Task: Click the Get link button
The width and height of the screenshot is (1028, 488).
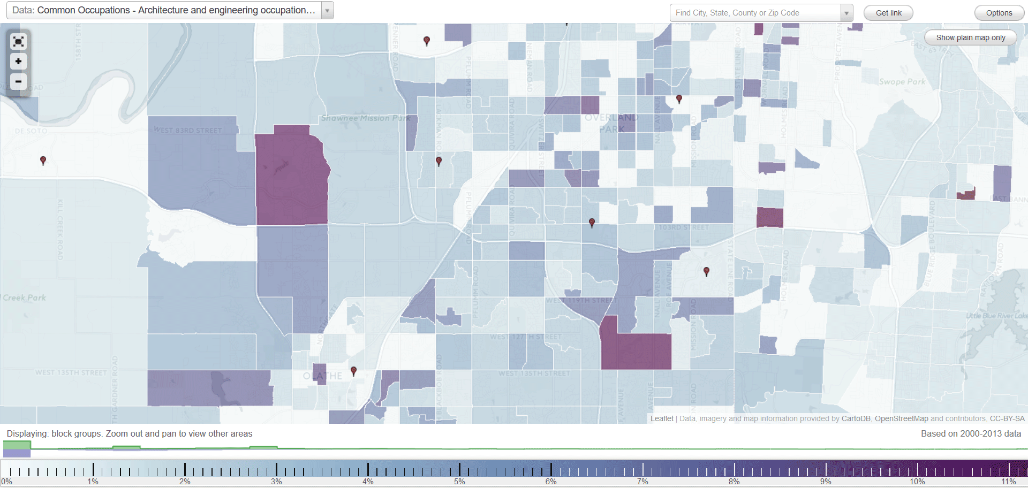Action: (888, 13)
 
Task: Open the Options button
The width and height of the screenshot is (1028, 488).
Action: (999, 13)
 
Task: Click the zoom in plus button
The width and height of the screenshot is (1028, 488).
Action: (18, 62)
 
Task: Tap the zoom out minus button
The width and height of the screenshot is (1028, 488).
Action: (18, 81)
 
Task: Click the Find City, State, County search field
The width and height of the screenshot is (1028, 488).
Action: (755, 13)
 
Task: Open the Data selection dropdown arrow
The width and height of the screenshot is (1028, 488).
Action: (327, 10)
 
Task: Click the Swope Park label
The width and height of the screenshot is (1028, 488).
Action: (902, 82)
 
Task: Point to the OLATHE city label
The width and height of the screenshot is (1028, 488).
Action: (322, 376)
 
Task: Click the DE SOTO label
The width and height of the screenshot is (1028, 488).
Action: (31, 131)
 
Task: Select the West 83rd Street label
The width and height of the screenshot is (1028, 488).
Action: (187, 130)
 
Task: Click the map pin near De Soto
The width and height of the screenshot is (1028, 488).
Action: (43, 161)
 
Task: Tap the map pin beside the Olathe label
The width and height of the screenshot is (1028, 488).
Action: (353, 371)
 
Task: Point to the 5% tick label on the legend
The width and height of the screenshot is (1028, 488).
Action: (459, 482)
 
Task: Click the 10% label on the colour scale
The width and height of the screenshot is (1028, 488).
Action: (917, 482)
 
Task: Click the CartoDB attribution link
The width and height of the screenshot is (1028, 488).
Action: (856, 418)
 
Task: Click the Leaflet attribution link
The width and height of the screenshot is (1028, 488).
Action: (662, 418)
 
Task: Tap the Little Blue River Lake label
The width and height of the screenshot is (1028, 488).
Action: (996, 316)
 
